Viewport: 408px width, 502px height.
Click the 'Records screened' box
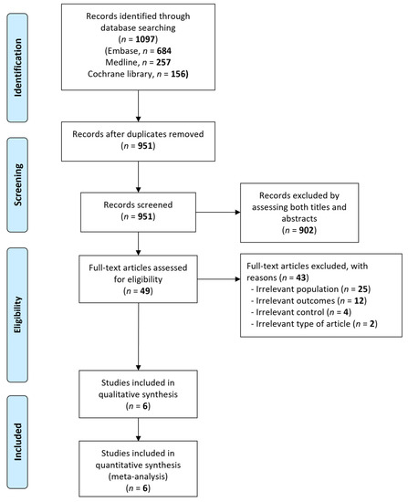(150, 207)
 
